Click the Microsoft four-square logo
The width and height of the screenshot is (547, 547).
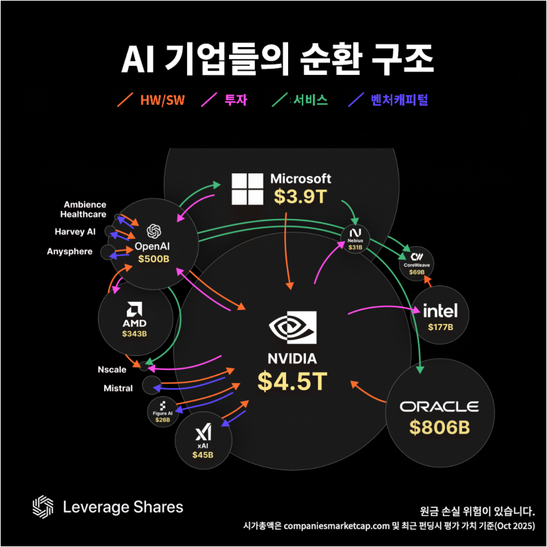pyautogui.click(x=247, y=189)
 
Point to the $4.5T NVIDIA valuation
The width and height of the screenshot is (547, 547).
pyautogui.click(x=292, y=382)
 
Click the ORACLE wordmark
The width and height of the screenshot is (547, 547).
pyautogui.click(x=439, y=406)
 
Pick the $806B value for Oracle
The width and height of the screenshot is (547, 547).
pyautogui.click(x=439, y=428)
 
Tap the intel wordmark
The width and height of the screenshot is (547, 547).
pyautogui.click(x=440, y=311)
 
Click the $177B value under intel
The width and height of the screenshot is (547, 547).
pyautogui.click(x=440, y=327)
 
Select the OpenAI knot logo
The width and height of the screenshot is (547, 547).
pyautogui.click(x=154, y=231)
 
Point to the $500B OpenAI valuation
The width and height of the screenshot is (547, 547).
pyautogui.click(x=154, y=258)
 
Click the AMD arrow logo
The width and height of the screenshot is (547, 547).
pyautogui.click(x=135, y=309)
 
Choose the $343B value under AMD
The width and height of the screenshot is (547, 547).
pyautogui.click(x=135, y=333)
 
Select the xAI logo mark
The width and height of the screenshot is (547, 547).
pyautogui.click(x=202, y=434)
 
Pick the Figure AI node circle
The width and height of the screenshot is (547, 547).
pyautogui.click(x=163, y=412)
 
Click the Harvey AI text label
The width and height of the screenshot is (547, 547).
pyautogui.click(x=75, y=232)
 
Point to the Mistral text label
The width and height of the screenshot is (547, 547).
pyautogui.click(x=118, y=388)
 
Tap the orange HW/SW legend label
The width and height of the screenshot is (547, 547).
pyautogui.click(x=162, y=100)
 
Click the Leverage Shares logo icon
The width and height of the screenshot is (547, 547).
pyautogui.click(x=43, y=507)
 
